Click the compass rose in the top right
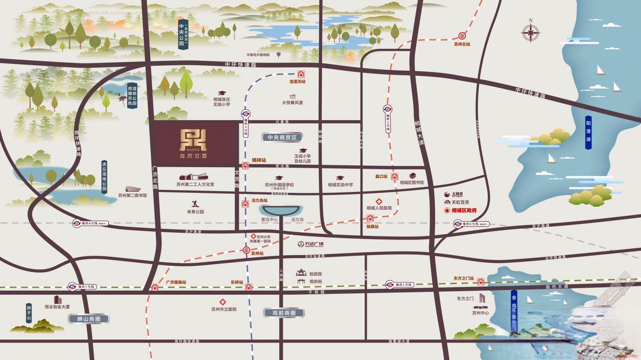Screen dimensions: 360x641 point(530,33)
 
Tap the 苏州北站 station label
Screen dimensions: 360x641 point(462,44)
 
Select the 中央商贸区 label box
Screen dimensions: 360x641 point(282,138)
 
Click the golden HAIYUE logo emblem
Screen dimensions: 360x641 point(193,140)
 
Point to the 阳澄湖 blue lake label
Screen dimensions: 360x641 point(588,132)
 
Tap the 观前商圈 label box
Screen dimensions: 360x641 point(284,313)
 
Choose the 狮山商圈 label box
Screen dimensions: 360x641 point(89,319)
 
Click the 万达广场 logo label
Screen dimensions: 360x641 point(311,244)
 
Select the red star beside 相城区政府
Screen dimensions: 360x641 point(447,211)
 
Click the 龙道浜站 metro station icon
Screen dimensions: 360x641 point(301,74)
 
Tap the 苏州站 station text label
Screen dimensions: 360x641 point(257,254)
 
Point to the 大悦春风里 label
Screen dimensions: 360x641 point(292,103)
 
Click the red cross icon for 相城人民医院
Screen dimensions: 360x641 point(379,202)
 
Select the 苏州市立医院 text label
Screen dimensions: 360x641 point(223,309)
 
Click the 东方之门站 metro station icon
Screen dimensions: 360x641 point(481,282)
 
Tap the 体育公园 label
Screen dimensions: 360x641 point(195,212)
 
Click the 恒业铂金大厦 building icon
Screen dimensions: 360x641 point(57,300)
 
